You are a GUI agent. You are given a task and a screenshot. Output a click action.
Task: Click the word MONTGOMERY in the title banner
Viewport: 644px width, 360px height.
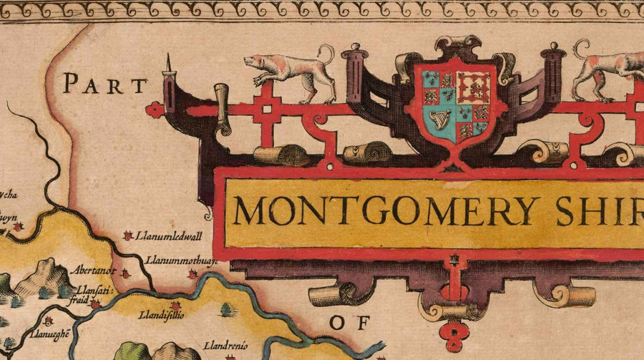[387, 210]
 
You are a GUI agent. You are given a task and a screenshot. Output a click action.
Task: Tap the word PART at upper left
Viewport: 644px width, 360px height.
[104, 85]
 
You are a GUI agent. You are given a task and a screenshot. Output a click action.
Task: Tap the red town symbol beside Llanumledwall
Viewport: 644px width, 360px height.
[128, 235]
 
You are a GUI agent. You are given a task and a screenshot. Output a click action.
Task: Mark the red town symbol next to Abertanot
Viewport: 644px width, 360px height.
[125, 273]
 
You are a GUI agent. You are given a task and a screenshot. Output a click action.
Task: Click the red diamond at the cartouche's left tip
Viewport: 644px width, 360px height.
[154, 110]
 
